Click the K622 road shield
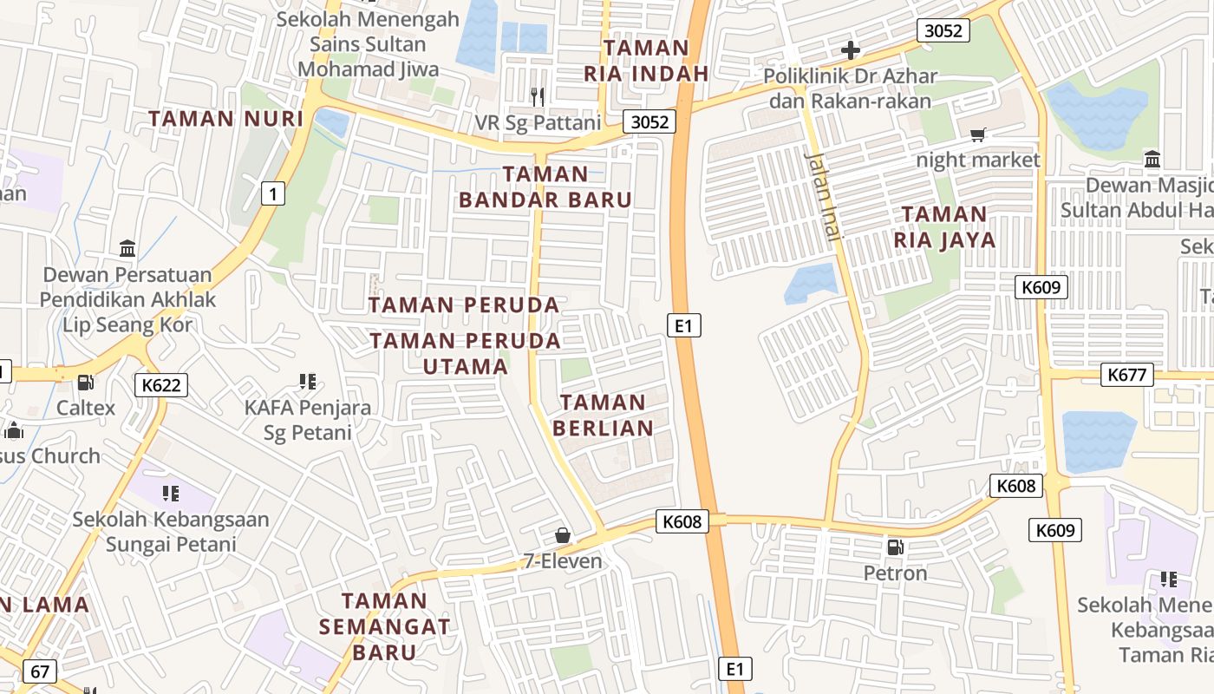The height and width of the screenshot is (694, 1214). click(x=161, y=385)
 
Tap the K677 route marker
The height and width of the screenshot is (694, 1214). click(x=1128, y=375)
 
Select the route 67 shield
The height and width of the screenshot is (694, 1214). click(x=40, y=671)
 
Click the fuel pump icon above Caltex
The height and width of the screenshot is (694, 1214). click(x=85, y=382)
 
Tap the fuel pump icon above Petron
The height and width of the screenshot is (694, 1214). click(x=895, y=547)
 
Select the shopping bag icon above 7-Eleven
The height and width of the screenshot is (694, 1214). click(x=563, y=535)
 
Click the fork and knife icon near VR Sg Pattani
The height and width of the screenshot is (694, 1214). click(x=538, y=96)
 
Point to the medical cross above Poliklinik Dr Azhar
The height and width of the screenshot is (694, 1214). click(x=850, y=49)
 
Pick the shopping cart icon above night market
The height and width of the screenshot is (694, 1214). click(x=978, y=134)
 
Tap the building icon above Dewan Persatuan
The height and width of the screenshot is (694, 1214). click(x=127, y=249)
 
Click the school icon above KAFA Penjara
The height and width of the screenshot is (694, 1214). click(x=307, y=381)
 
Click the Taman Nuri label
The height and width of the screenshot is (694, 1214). click(x=225, y=118)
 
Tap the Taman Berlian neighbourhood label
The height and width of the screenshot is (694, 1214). click(x=603, y=415)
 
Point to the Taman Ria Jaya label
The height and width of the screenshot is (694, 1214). click(x=944, y=226)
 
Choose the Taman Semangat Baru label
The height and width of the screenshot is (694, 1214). click(x=384, y=625)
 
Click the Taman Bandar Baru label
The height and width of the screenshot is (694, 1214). click(x=545, y=187)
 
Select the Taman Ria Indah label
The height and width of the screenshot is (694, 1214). click(x=647, y=60)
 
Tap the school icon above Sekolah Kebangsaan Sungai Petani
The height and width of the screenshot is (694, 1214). click(x=171, y=494)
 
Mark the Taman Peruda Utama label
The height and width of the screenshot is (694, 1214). click(x=466, y=353)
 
